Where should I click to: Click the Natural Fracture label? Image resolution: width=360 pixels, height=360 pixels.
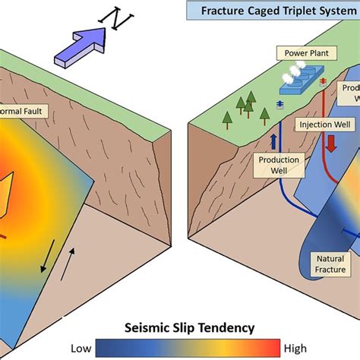(330, 264)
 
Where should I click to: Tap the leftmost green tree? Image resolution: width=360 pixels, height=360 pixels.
(226, 117)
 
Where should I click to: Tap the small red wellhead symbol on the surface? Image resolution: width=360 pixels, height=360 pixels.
(322, 81)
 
